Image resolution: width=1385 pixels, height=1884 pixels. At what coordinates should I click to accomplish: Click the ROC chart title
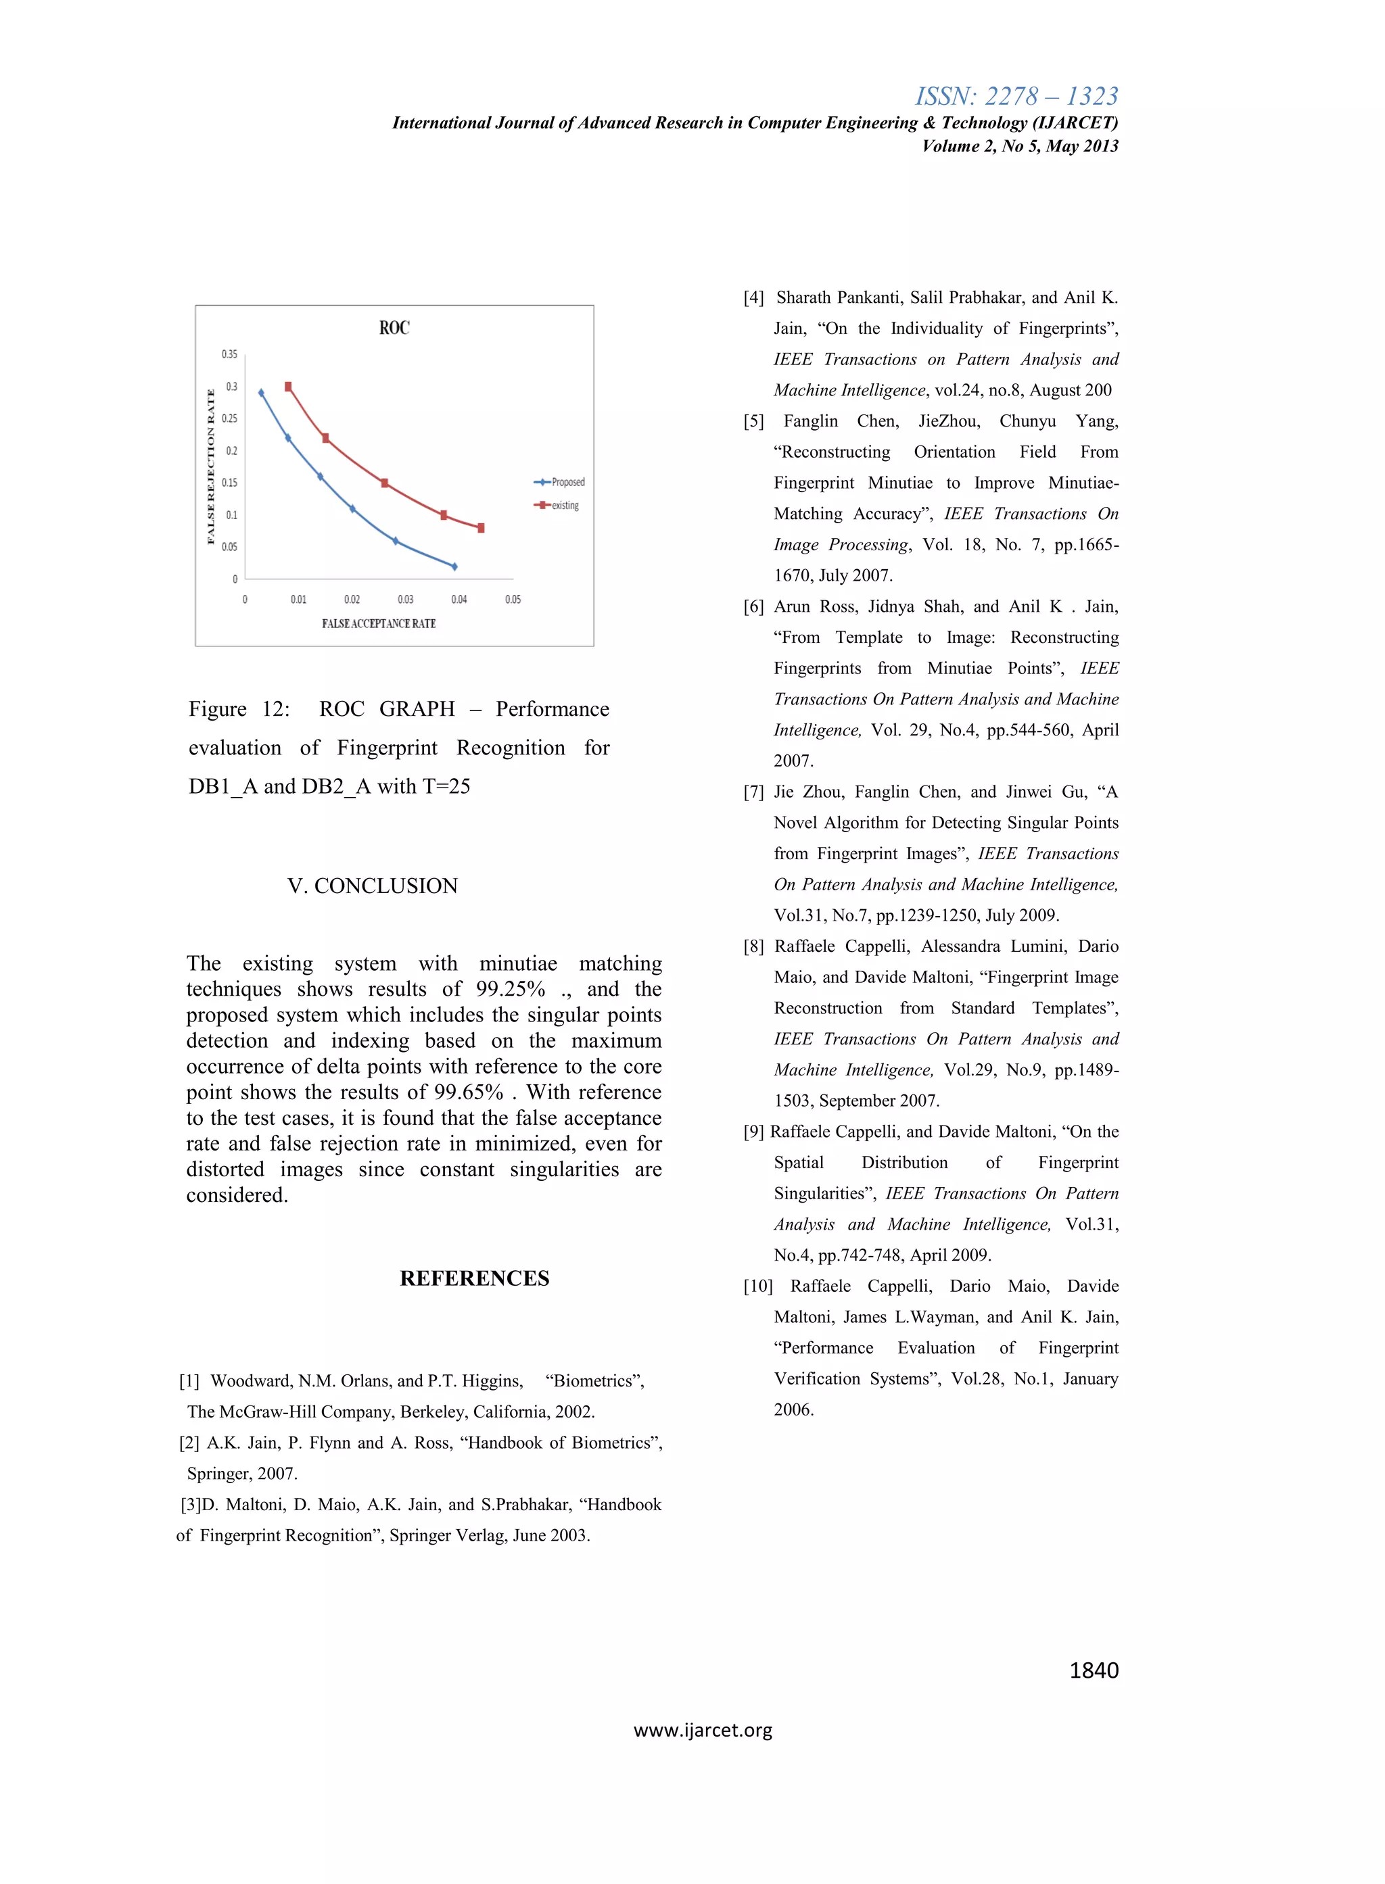point(394,328)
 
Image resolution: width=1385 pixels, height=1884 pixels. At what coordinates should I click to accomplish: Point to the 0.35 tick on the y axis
point(229,354)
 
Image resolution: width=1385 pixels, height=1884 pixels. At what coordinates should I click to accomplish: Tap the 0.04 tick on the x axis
point(459,599)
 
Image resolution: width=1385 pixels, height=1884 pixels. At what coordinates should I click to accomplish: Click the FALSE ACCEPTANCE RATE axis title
point(379,623)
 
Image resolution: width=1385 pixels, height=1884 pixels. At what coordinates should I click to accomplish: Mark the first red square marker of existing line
point(288,387)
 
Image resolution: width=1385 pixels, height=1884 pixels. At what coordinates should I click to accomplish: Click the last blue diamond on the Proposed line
point(454,566)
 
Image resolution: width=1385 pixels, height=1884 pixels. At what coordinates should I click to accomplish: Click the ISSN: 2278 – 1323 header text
point(1016,97)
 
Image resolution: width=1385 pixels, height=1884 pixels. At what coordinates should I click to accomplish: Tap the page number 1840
point(1094,1670)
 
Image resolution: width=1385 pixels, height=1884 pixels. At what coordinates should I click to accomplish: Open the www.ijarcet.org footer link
point(703,1730)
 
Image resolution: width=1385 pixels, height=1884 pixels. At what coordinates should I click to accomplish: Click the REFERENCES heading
point(475,1278)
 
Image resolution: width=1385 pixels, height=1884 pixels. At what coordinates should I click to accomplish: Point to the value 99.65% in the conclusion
point(468,1092)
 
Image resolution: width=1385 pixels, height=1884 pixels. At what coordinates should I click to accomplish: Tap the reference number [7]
point(753,792)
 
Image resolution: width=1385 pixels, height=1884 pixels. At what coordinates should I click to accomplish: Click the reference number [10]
point(758,1286)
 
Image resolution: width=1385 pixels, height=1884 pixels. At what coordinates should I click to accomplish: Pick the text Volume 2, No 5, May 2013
point(1019,146)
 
